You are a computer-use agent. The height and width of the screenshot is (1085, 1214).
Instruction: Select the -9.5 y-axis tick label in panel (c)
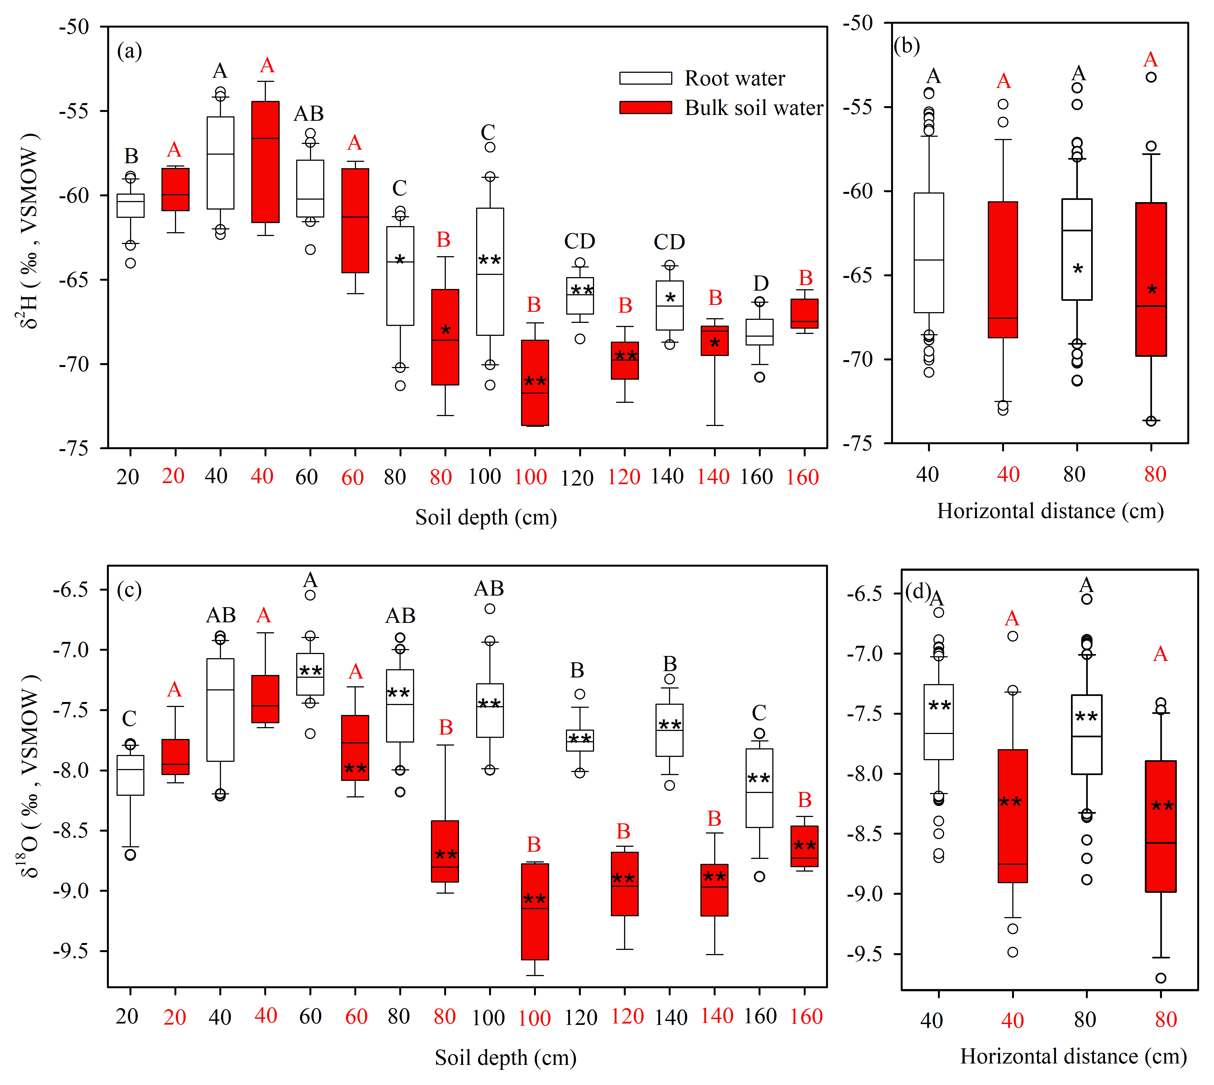point(70,952)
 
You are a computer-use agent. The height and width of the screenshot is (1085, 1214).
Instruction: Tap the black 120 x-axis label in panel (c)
point(580,1017)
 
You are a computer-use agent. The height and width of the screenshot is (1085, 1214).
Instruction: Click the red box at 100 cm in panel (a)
point(535,383)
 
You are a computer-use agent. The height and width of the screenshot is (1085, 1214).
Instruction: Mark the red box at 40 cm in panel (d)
point(1013,816)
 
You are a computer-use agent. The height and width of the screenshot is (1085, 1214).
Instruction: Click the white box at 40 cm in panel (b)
point(929,253)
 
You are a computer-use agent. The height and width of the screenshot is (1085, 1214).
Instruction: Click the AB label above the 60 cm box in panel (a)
point(309,113)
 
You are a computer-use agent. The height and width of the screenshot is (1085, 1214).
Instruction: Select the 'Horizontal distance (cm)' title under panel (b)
point(1050,511)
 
